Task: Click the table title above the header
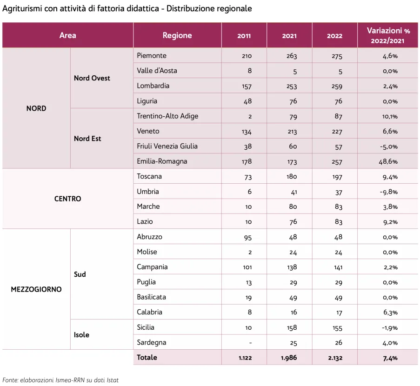click(x=127, y=9)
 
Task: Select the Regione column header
click(x=177, y=35)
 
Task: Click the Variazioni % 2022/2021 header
click(x=388, y=35)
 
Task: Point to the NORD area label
click(x=36, y=108)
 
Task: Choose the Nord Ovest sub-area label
click(x=92, y=78)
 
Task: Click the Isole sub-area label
click(x=81, y=335)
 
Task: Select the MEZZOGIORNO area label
click(x=36, y=289)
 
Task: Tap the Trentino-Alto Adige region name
click(x=167, y=116)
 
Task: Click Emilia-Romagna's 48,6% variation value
click(x=390, y=162)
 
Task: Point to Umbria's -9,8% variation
click(x=390, y=192)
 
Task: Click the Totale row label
click(x=147, y=357)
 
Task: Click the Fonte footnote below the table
click(x=60, y=380)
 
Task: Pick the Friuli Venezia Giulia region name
click(x=167, y=146)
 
